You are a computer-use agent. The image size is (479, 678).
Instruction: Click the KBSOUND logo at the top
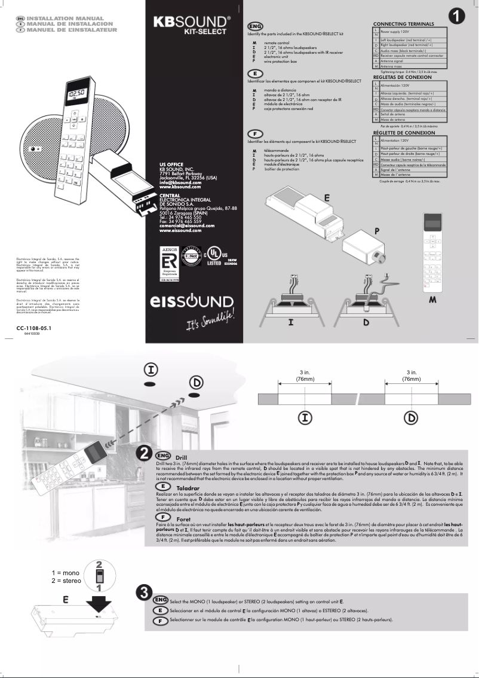pyautogui.click(x=192, y=22)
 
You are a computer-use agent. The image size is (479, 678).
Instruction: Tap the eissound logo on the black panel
pyautogui.click(x=192, y=301)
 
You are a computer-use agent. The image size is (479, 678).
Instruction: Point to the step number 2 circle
pyautogui.click(x=145, y=454)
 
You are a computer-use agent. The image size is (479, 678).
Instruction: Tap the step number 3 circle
pyautogui.click(x=143, y=593)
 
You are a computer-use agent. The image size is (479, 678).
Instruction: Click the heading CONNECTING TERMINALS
pyautogui.click(x=403, y=23)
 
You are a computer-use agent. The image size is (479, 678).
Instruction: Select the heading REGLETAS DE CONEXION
pyautogui.click(x=402, y=77)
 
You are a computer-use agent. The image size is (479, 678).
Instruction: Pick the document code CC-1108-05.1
pyautogui.click(x=34, y=328)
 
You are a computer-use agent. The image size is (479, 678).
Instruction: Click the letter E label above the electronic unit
pyautogui.click(x=327, y=197)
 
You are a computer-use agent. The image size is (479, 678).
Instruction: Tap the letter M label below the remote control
pyautogui.click(x=432, y=299)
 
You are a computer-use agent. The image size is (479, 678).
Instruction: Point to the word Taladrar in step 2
pyautogui.click(x=188, y=488)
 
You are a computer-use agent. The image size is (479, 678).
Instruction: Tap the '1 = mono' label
pyautogui.click(x=65, y=573)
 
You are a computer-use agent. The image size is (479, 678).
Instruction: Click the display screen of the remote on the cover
pyautogui.click(x=76, y=94)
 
